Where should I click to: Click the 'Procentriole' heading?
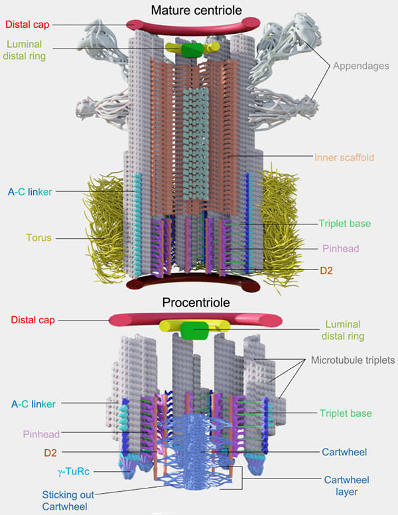tap(196, 303)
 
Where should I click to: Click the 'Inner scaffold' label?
tap(344, 158)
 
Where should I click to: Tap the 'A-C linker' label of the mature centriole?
tap(31, 192)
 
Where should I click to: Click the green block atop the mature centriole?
tap(192, 50)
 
